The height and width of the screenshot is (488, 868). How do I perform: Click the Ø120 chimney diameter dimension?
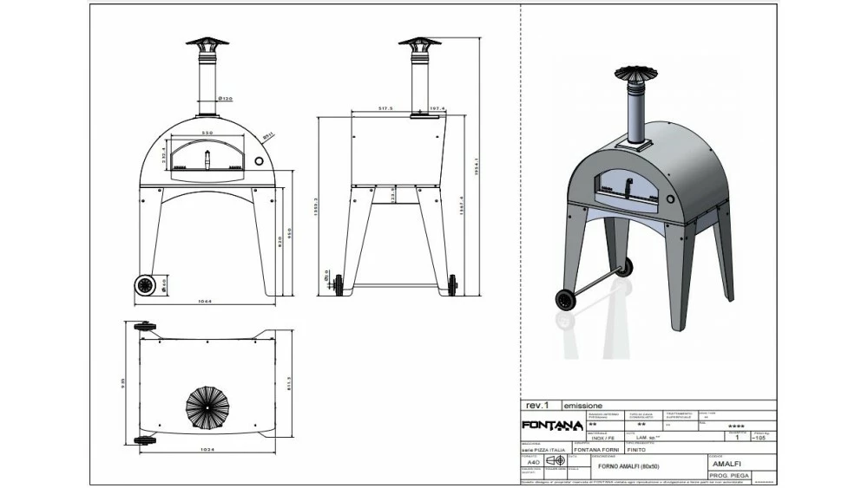(224, 98)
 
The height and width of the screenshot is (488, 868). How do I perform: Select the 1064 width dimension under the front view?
(207, 303)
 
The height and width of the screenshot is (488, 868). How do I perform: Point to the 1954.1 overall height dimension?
(478, 166)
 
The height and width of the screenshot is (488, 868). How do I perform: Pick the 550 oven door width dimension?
(207, 132)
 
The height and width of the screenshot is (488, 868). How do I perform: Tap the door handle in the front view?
(207, 158)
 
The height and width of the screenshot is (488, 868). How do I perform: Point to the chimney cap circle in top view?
(207, 405)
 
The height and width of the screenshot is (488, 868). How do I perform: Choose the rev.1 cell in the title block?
(538, 405)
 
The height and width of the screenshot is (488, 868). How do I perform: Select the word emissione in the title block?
(583, 406)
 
